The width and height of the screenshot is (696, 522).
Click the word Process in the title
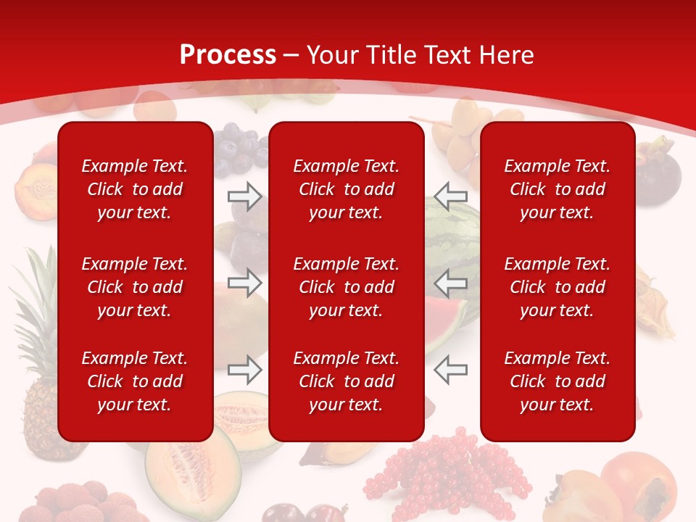tap(228, 55)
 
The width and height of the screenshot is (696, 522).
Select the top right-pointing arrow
tap(245, 196)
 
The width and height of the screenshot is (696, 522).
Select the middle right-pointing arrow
tap(245, 282)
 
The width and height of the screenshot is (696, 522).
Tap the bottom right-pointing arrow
tap(245, 370)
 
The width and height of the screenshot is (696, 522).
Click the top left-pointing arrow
tap(450, 196)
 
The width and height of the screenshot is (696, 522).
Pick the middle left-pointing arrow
tap(450, 282)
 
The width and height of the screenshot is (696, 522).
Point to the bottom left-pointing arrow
tap(450, 370)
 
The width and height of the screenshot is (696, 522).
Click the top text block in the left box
tap(135, 189)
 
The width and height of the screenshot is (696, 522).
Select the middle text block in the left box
tap(135, 287)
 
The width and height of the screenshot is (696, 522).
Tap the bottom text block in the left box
tap(135, 381)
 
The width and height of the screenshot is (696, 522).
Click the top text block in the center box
tap(346, 189)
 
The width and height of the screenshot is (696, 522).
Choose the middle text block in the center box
tap(346, 287)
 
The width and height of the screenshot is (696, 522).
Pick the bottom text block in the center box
tap(346, 381)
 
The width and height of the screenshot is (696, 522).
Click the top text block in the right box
tap(557, 189)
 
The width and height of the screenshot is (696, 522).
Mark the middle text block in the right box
tap(557, 287)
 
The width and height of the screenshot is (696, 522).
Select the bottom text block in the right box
tap(557, 381)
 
